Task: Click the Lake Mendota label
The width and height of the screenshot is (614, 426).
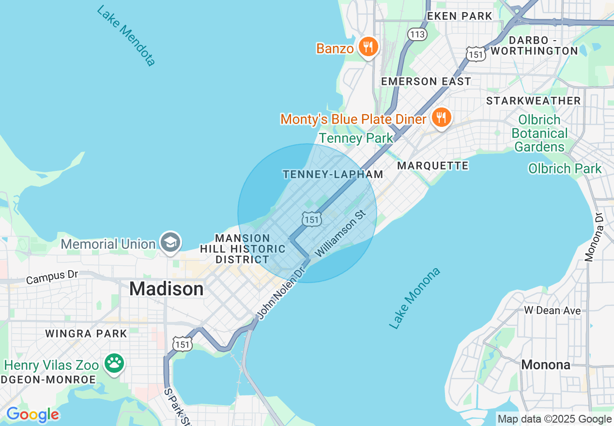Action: pos(126,36)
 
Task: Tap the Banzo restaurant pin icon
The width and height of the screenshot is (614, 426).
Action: pos(369,47)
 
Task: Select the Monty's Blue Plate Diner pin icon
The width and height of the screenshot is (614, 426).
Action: pos(441,118)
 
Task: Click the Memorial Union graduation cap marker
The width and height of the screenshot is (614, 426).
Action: pos(171,243)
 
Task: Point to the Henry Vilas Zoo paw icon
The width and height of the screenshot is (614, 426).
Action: pos(114,364)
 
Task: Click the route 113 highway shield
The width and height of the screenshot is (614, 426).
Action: pos(417,34)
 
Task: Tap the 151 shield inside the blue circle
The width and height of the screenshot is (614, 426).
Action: pos(312,219)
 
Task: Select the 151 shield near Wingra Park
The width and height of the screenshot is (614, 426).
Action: pos(183,344)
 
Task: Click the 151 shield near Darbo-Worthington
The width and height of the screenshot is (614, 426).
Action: pos(476,54)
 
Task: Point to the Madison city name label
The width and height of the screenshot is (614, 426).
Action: pos(166,289)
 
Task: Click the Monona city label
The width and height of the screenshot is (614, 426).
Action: pos(546,365)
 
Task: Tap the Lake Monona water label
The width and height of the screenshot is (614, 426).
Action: pos(415,298)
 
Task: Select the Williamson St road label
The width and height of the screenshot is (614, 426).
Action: pos(345,233)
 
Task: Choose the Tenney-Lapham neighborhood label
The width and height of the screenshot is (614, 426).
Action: pos(333,174)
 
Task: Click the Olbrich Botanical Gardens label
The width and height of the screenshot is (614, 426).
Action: pos(539,133)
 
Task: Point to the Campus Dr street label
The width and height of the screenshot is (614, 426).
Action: pos(52,277)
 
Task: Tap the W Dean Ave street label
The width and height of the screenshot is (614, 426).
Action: pos(553,310)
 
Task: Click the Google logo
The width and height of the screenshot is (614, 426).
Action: pos(32,415)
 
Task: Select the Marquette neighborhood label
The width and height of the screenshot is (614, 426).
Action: pos(433,166)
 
